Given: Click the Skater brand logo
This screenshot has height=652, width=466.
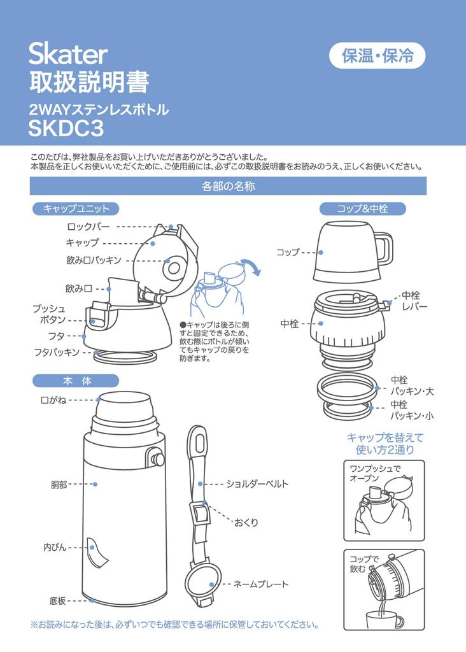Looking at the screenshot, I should pos(68,55).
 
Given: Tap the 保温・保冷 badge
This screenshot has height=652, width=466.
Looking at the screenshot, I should pos(376,56).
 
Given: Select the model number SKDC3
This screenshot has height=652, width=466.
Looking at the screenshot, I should pos(66,128).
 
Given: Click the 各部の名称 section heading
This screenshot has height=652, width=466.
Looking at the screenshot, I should pos(229,187).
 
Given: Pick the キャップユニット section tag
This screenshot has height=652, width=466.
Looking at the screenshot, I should pos(76,208).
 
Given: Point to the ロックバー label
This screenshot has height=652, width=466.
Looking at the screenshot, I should pos(88,226).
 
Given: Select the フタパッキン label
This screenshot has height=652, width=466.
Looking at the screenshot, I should pos(57,351).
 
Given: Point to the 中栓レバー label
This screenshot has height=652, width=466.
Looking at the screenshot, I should pos(414,301).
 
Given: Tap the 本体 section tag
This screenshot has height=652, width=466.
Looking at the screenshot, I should pos(76,381).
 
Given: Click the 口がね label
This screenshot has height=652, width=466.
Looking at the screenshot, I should pos(53,400).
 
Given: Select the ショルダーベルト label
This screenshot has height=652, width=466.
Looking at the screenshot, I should pos(257,484).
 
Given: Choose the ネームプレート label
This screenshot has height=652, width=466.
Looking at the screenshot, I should pos(261,584).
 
